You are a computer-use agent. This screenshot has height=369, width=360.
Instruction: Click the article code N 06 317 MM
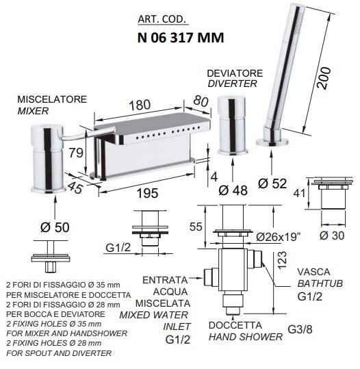click(181, 38)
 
